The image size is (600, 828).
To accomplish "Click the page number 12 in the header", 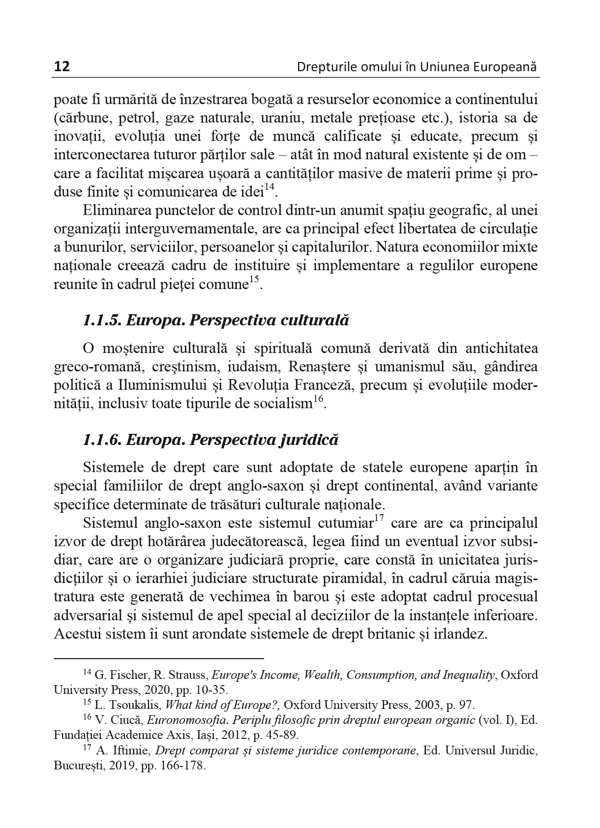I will [61, 66].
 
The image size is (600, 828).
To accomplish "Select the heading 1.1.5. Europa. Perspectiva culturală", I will [216, 321].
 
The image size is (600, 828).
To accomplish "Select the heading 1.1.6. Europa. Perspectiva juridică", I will [210, 440].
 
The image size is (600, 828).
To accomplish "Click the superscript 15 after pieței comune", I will [255, 280].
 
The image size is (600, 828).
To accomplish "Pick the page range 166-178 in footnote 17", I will [186, 767].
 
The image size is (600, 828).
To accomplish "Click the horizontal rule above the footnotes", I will [159, 659].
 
